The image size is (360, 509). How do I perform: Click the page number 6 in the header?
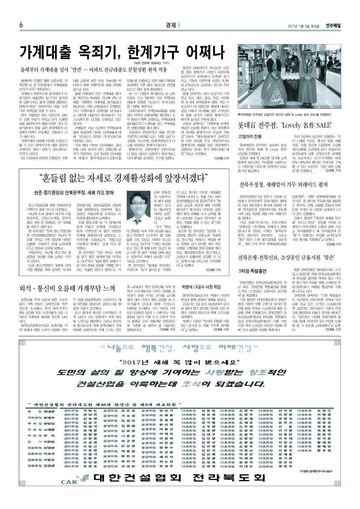coord(21,25)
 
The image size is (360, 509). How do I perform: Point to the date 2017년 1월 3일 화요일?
coord(305,25)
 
